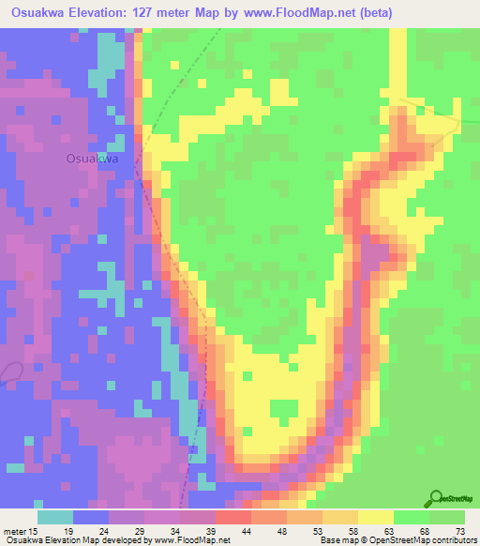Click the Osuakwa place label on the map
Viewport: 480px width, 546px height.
(x=92, y=159)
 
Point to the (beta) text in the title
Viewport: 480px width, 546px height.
(x=370, y=12)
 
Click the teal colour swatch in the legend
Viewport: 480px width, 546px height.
(x=54, y=517)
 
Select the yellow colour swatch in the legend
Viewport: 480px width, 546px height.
(x=375, y=517)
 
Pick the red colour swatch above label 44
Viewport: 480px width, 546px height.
(x=232, y=517)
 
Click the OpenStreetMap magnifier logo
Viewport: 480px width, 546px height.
(x=436, y=499)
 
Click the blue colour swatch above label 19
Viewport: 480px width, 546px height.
(x=91, y=517)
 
